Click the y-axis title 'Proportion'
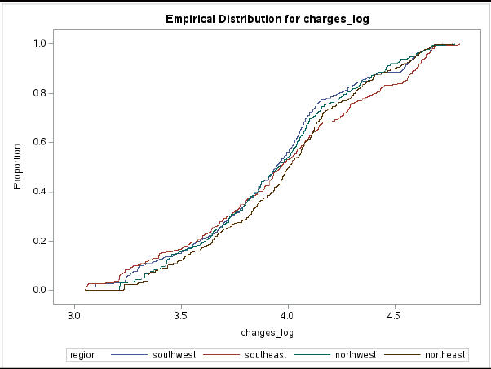tap(17, 167)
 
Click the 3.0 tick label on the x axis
tap(75, 314)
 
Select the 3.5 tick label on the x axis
tap(181, 314)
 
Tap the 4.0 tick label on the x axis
tap(288, 314)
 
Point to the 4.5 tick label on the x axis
tap(394, 314)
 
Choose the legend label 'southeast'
tap(268, 354)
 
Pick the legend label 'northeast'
tap(445, 354)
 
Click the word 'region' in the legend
tap(83, 354)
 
